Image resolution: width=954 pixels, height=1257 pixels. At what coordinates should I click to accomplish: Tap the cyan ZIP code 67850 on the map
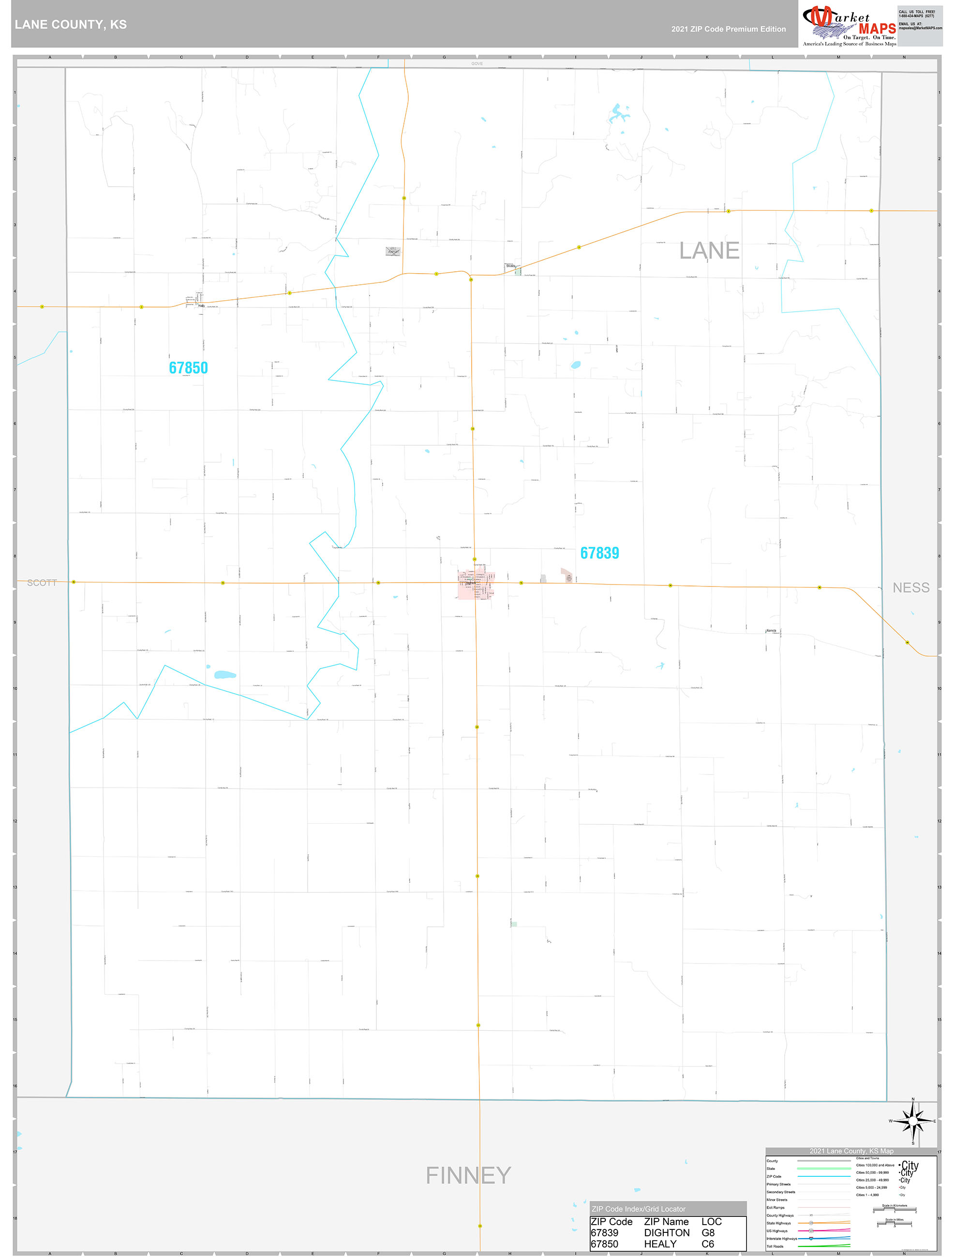pos(188,368)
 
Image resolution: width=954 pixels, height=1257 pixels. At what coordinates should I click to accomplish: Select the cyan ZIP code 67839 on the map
pos(599,553)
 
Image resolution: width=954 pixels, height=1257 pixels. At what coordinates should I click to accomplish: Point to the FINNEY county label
pos(468,1175)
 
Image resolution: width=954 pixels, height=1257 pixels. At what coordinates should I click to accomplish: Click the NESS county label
pos(911,587)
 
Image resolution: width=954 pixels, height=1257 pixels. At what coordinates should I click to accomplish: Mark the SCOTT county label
pos(42,583)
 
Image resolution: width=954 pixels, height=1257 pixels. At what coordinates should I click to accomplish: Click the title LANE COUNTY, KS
pos(71,25)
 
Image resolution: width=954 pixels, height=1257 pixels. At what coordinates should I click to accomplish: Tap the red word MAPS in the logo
pos(877,29)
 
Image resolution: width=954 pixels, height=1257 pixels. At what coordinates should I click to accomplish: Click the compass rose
pos(912,1121)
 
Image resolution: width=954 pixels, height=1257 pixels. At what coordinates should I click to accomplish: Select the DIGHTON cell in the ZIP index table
pos(666,1232)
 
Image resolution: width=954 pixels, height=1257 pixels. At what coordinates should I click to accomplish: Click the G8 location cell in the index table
pos(708,1232)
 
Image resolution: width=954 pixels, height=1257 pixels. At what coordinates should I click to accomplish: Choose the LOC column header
pos(711,1221)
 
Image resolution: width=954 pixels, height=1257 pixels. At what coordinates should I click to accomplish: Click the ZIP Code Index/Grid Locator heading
pos(638,1209)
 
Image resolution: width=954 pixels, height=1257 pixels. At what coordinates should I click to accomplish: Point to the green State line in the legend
pos(823,1169)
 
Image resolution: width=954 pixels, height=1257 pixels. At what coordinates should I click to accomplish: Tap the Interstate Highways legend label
pos(781,1238)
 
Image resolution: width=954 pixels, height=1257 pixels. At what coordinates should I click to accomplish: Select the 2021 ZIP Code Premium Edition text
pos(728,29)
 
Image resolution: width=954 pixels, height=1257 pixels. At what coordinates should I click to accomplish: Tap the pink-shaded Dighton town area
pos(474,584)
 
